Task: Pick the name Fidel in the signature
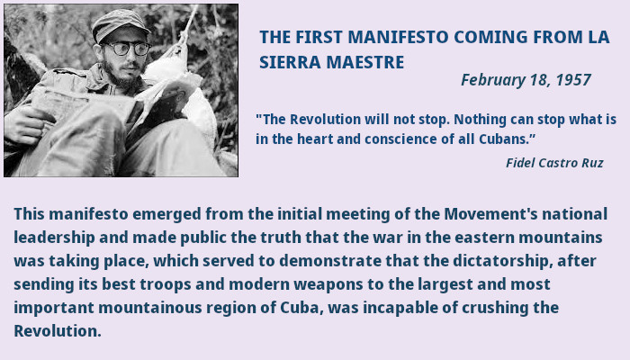pyautogui.click(x=521, y=163)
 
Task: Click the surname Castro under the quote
pyautogui.click(x=561, y=163)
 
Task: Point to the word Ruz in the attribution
pyautogui.click(x=592, y=163)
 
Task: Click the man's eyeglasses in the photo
pyautogui.click(x=118, y=47)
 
